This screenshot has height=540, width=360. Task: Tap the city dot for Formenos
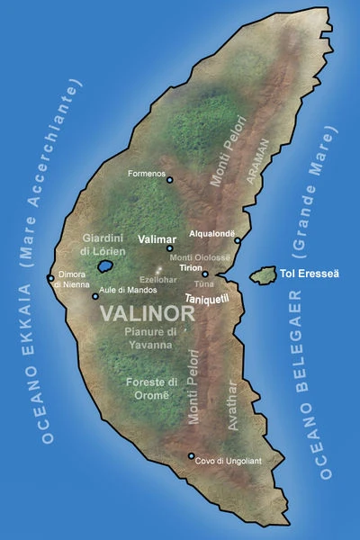(x=169, y=179)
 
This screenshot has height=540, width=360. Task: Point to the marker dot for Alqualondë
(x=237, y=240)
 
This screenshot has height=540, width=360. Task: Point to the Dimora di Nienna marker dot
(x=50, y=277)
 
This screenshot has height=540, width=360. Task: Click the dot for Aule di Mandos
(x=94, y=295)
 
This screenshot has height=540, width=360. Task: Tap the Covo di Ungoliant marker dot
(x=191, y=455)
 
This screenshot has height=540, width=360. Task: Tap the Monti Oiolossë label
(x=201, y=257)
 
